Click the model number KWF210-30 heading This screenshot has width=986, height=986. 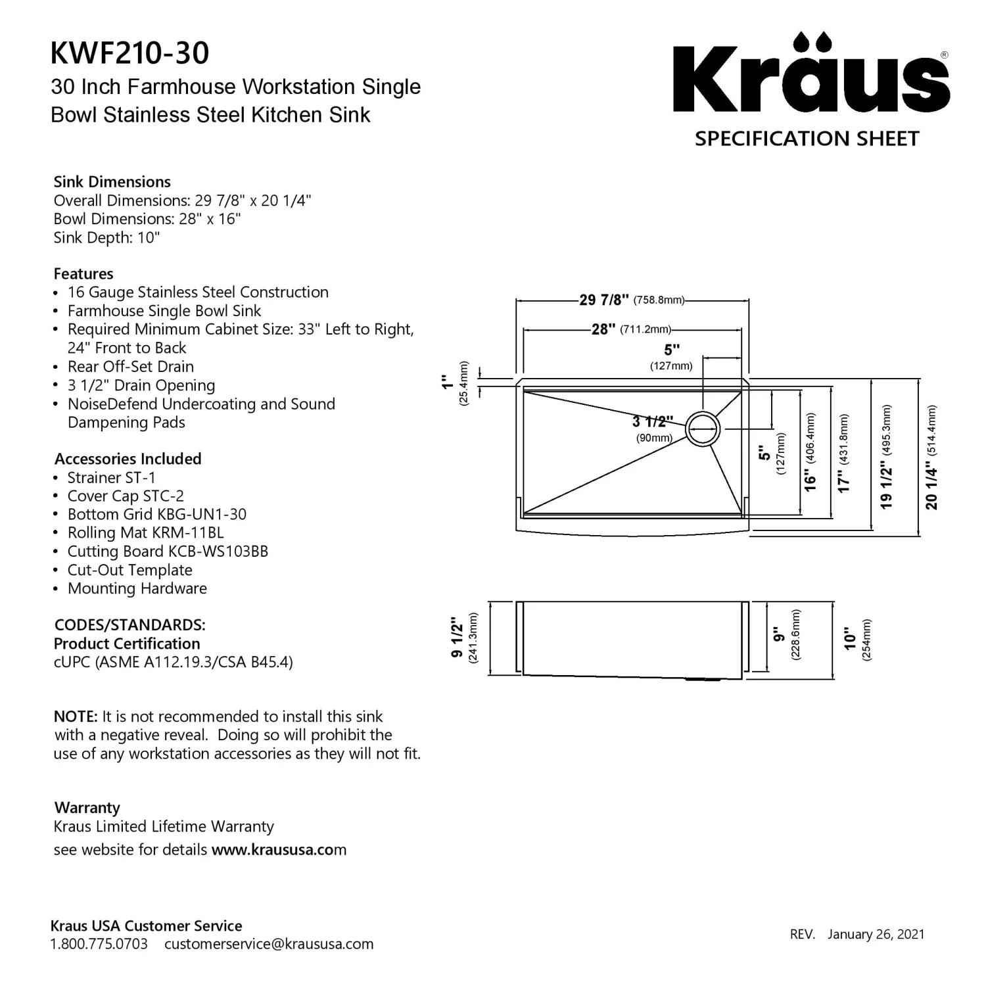click(129, 53)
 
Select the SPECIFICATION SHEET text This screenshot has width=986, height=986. click(807, 139)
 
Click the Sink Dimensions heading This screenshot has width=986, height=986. click(112, 182)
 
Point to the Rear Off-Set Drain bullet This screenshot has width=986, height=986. click(131, 367)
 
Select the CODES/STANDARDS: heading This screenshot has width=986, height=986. click(129, 625)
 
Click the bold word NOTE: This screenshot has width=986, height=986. click(76, 716)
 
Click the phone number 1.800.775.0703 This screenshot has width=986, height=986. click(99, 945)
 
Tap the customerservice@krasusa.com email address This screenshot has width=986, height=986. click(269, 945)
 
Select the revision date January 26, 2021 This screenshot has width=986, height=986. click(876, 935)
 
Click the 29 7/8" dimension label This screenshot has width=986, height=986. click(604, 300)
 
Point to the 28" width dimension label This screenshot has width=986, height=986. click(603, 329)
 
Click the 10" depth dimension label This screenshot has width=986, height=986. click(851, 638)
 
